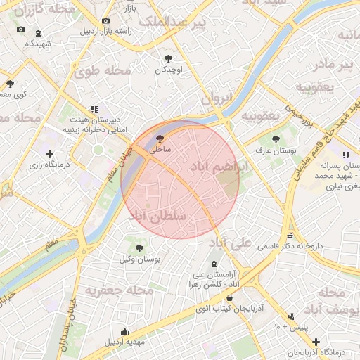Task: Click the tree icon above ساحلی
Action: coord(160,139)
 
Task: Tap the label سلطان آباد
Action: coord(157,217)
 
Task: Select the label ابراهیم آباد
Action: coord(216,167)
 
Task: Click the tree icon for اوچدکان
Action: coord(168,59)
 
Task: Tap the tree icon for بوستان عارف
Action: coord(275,139)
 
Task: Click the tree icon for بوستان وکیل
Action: coord(140,247)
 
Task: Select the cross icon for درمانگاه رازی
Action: coord(49,153)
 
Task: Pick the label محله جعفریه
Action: coord(120,290)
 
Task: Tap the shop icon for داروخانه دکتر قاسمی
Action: coord(290,236)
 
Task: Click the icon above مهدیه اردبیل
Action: coord(125,332)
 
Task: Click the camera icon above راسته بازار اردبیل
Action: coord(105,21)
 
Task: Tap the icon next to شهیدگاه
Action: coord(37,32)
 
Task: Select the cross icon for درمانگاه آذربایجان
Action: coord(316,341)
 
